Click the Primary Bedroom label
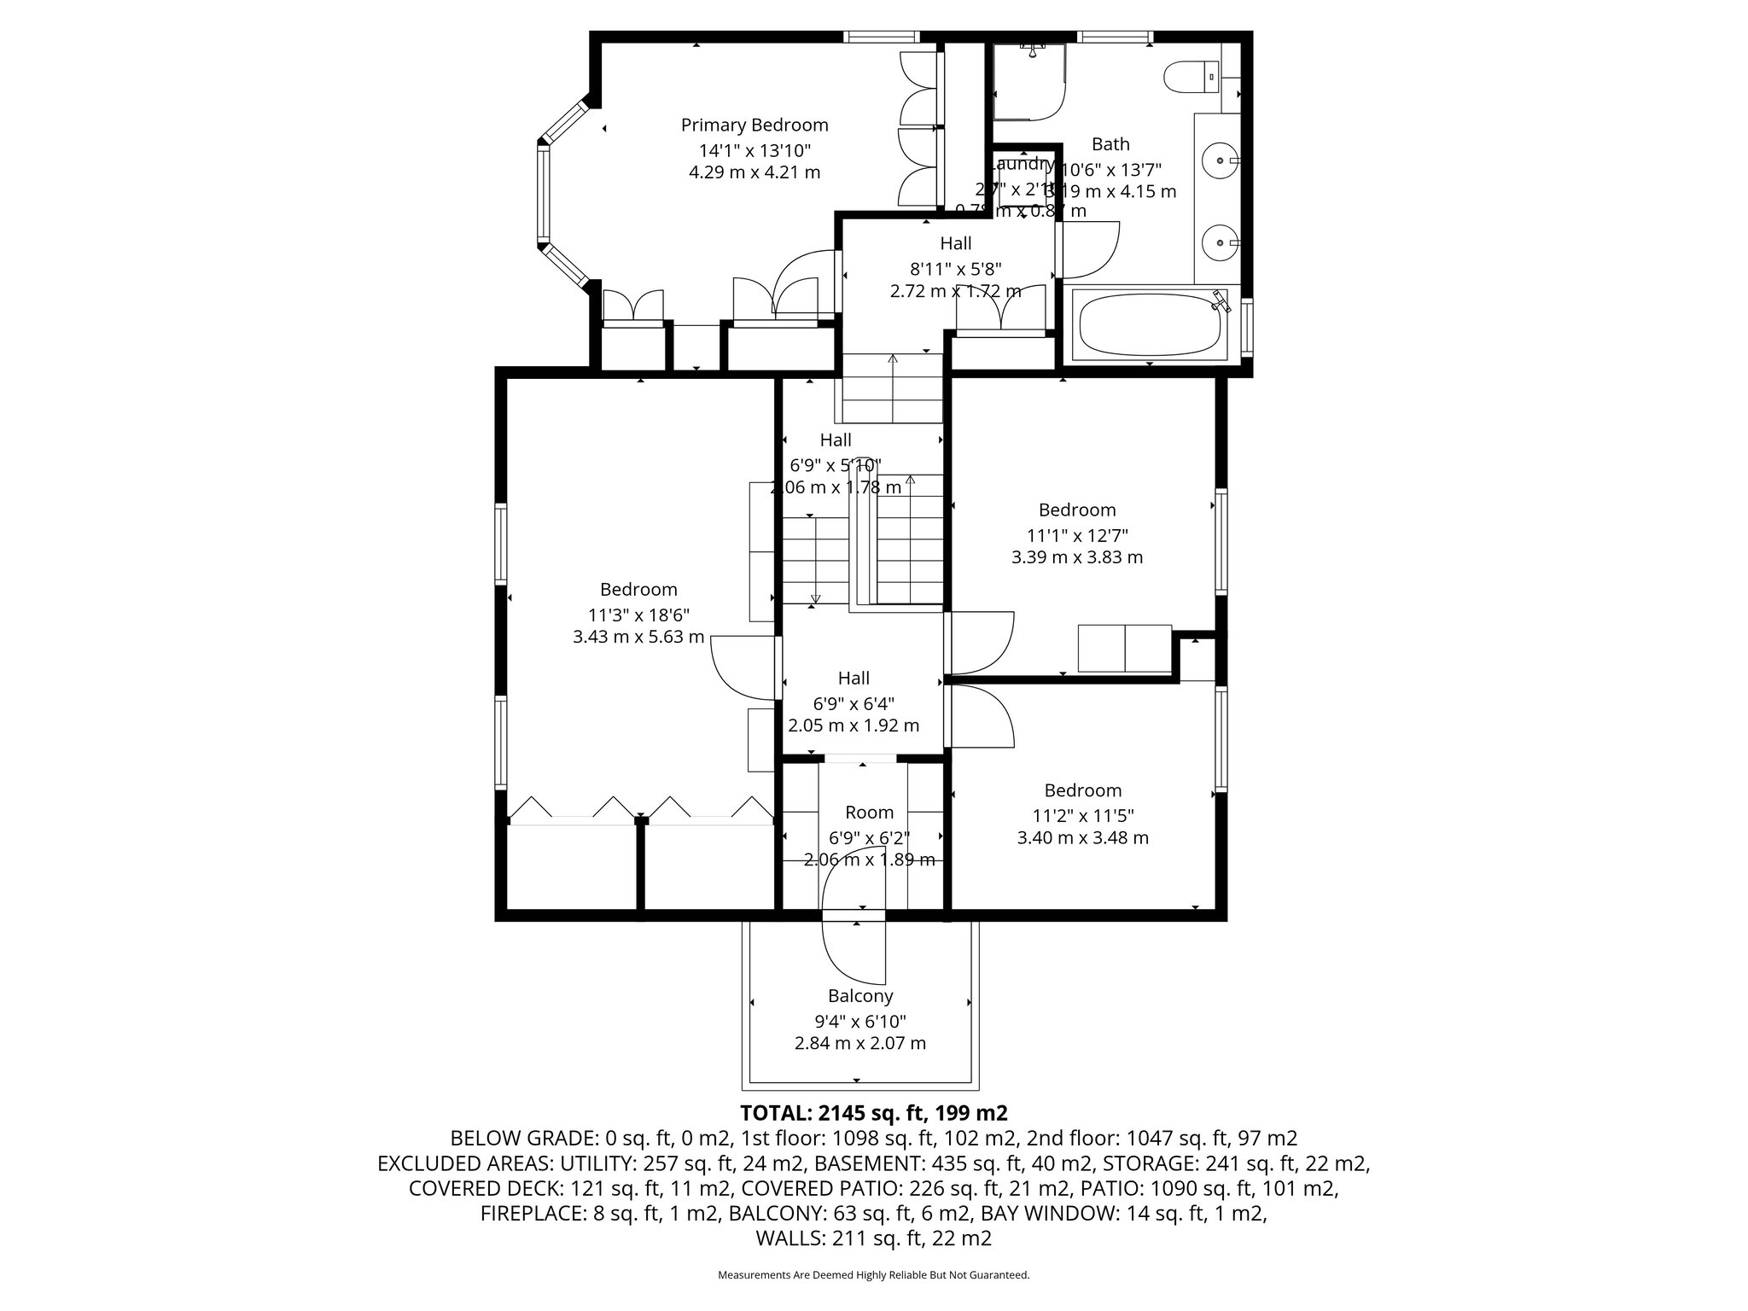pyautogui.click(x=754, y=125)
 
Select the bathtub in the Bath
pyautogui.click(x=1149, y=325)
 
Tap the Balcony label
pyautogui.click(x=859, y=996)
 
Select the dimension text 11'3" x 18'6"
pyautogui.click(x=638, y=615)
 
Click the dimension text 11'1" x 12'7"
pyautogui.click(x=1076, y=536)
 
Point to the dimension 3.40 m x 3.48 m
pyautogui.click(x=1082, y=838)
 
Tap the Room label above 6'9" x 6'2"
pyautogui.click(x=869, y=813)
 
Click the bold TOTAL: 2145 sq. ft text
pyautogui.click(x=874, y=1113)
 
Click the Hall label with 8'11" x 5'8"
pyautogui.click(x=955, y=244)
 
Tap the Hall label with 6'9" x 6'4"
pyautogui.click(x=853, y=679)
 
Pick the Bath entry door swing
pyautogui.click(x=1087, y=251)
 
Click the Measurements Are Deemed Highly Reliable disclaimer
pyautogui.click(x=873, y=1275)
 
